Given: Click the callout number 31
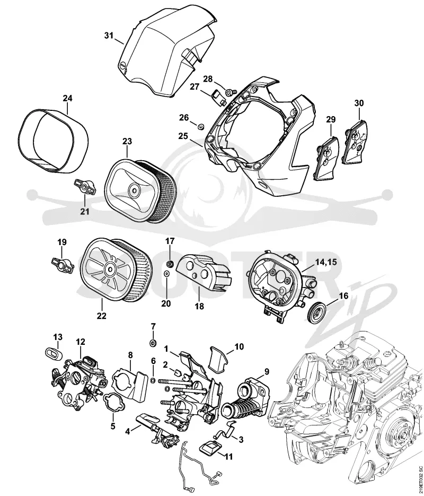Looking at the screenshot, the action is [109, 36].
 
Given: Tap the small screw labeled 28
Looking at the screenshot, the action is [231, 91].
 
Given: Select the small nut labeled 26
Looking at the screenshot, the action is [200, 127].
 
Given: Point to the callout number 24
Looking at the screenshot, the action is [67, 98].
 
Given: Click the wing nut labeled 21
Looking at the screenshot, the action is [85, 187].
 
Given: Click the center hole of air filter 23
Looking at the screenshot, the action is [134, 190].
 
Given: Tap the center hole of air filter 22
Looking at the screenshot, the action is [110, 269].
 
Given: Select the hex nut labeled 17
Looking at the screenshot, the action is [170, 263].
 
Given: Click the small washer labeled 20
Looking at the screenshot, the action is [166, 273].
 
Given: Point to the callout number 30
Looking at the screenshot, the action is [359, 103].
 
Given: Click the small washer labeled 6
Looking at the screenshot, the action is [153, 380].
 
